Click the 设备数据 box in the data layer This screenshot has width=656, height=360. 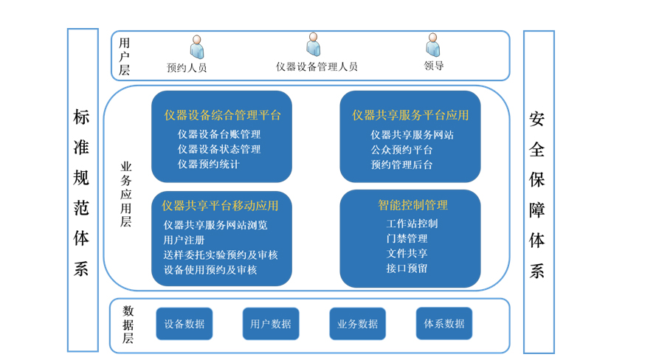point(184,324)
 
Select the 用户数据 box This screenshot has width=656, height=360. point(271,324)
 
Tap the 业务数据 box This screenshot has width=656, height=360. point(357,324)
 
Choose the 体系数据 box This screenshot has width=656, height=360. point(443,324)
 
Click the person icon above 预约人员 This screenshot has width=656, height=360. point(196,46)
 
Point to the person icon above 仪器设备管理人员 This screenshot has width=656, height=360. point(314,44)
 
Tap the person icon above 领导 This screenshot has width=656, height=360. point(433,45)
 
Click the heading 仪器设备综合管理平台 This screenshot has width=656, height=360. point(222,115)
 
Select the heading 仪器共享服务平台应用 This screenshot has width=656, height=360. point(410,115)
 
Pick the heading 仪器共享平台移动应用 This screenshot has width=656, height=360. point(221,206)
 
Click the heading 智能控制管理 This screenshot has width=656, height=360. point(412,205)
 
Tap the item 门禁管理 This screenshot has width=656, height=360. point(407,238)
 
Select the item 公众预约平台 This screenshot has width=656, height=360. point(401,150)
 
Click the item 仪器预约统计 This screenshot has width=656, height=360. point(209,165)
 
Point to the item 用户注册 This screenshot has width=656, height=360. point(184,240)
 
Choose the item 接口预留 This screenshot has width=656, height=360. point(407,269)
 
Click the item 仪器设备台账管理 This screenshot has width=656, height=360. point(219,134)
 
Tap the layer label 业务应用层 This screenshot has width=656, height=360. point(126,194)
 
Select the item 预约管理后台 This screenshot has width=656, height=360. point(401,165)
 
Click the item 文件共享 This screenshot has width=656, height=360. point(407,253)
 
